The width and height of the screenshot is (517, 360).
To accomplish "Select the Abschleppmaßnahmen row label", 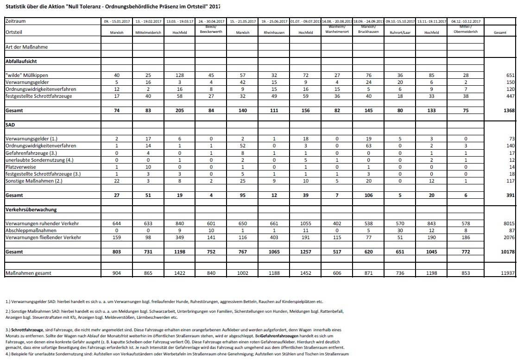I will point(31,230).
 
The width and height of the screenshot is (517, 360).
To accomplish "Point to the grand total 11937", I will point(508,273).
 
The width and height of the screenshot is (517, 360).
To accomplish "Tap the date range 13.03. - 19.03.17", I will point(177,21).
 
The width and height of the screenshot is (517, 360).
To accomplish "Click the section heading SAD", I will point(10,125).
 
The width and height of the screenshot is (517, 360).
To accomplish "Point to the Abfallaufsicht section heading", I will point(21,61).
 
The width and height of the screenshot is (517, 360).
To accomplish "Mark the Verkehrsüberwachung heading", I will point(31,209).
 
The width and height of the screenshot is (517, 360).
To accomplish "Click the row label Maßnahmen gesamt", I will point(28,273).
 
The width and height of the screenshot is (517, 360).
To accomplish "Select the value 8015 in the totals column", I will point(508,223).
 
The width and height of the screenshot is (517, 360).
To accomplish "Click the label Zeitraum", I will point(15,21).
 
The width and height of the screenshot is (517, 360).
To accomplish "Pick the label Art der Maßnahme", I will point(26,47).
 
